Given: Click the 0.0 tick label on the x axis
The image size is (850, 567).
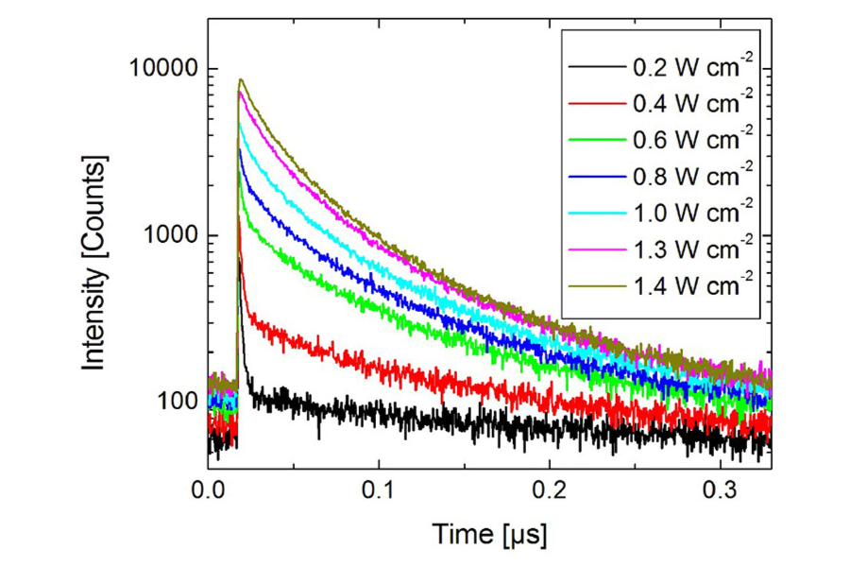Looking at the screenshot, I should click(x=208, y=491).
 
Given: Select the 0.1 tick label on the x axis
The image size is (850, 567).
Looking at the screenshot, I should click(x=379, y=491).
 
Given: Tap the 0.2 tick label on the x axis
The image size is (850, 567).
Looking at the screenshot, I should click(x=550, y=491).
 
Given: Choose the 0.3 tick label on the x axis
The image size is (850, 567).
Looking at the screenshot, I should click(x=720, y=491).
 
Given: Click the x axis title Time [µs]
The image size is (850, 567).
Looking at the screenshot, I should click(x=489, y=535).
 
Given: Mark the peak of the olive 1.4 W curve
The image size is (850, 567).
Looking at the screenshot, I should click(x=242, y=80).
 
